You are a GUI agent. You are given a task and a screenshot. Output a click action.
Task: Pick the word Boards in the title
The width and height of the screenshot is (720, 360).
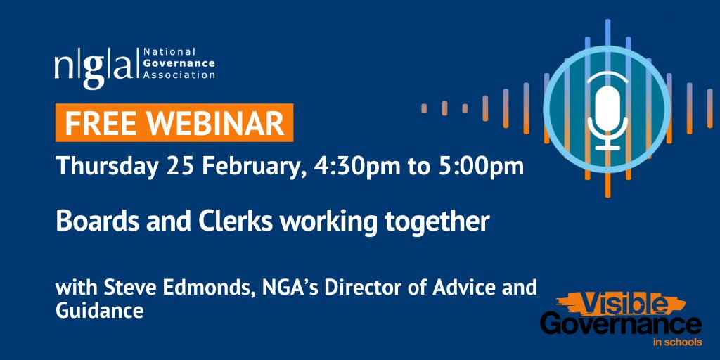89,222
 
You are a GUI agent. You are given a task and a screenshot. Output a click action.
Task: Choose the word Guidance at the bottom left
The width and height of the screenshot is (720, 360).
99,310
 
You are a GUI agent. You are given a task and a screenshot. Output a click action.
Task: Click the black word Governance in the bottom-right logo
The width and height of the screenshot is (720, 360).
620,325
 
